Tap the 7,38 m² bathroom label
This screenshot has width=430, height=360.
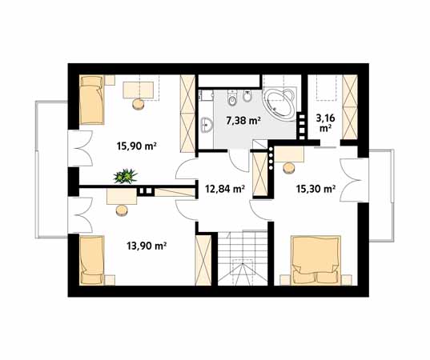point(243,120)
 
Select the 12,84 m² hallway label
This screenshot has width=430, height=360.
point(225,189)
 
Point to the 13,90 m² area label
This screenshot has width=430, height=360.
point(147,246)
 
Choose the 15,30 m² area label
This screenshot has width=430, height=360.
point(316,189)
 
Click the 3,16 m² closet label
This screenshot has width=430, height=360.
point(325,123)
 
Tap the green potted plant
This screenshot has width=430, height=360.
point(126,176)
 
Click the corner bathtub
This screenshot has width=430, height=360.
point(279,103)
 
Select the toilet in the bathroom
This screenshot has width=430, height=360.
point(232,98)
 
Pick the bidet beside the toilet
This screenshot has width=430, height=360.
point(247,97)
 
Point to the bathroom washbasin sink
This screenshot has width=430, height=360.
point(207,126)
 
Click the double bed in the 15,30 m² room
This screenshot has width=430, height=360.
point(316,260)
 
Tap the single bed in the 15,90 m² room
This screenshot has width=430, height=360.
point(92,100)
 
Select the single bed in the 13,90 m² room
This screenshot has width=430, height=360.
point(92,260)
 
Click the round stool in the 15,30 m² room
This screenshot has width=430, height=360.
point(289,168)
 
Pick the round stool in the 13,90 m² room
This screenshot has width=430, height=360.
point(122,210)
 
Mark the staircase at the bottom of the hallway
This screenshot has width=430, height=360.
point(243,258)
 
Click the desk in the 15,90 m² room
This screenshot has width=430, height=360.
point(139,90)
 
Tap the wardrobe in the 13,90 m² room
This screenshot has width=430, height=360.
point(203,260)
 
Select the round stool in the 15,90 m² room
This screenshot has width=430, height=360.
point(139,104)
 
